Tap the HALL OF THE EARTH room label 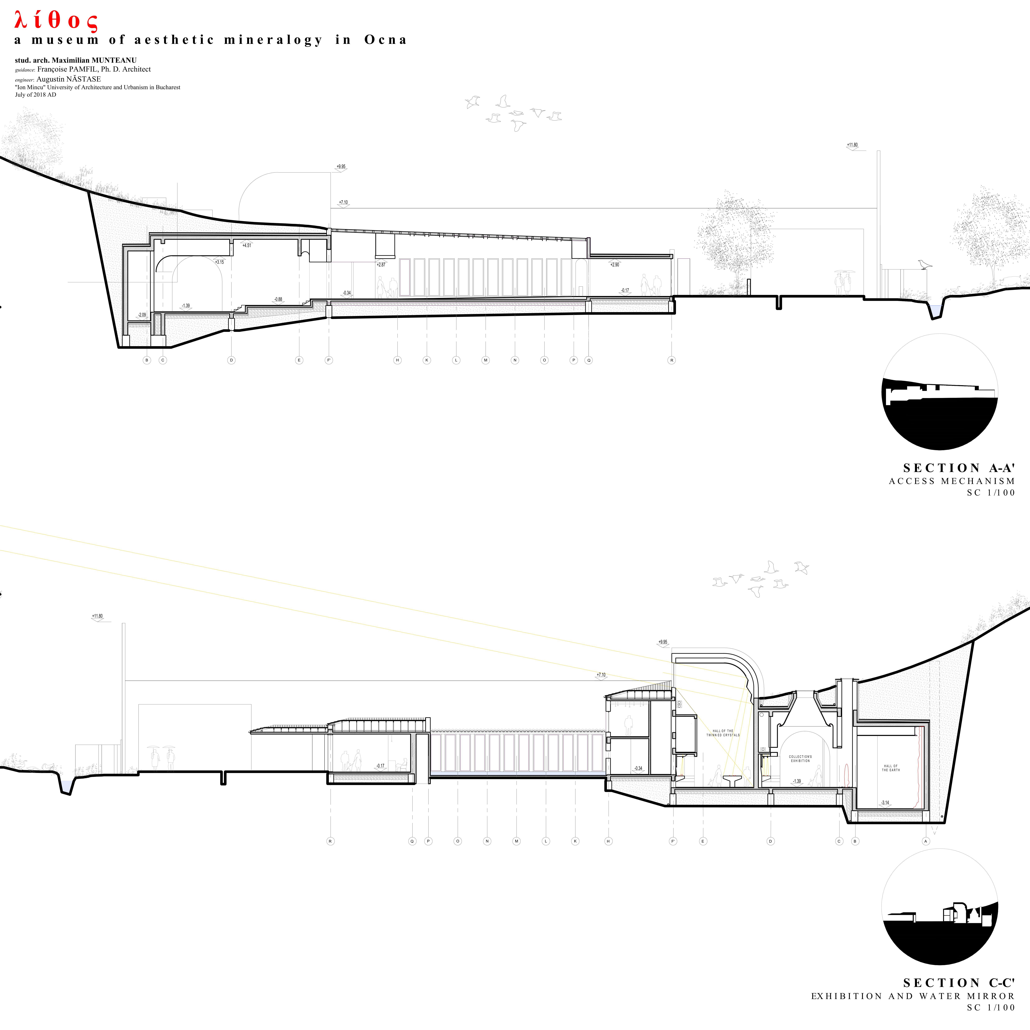click(890, 768)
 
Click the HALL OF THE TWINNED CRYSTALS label click(723, 733)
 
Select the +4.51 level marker click(246, 245)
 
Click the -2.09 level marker click(142, 315)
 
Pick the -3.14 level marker click(885, 802)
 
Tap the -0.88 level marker click(278, 299)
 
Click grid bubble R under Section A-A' click(672, 360)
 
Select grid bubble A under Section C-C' click(925, 841)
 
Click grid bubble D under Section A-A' click(231, 360)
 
